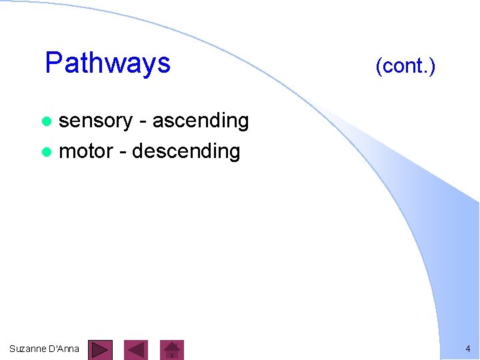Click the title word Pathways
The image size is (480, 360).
pyautogui.click(x=107, y=63)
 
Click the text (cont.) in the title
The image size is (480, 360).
pyautogui.click(x=405, y=66)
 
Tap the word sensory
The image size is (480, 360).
pyautogui.click(x=96, y=121)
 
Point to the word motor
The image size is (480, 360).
pyautogui.click(x=86, y=151)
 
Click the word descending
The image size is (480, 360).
pyautogui.click(x=186, y=151)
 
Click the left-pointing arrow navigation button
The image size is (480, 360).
pyautogui.click(x=136, y=349)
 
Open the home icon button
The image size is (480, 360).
pyautogui.click(x=172, y=349)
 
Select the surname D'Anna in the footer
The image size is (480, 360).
pyautogui.click(x=63, y=349)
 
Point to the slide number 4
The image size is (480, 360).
pyautogui.click(x=467, y=349)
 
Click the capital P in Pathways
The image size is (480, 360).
pyautogui.click(x=53, y=63)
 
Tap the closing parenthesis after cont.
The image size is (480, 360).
pyautogui.click(x=433, y=67)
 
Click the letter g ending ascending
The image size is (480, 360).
pyautogui.click(x=243, y=123)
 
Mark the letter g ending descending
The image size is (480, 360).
pyautogui.click(x=234, y=153)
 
